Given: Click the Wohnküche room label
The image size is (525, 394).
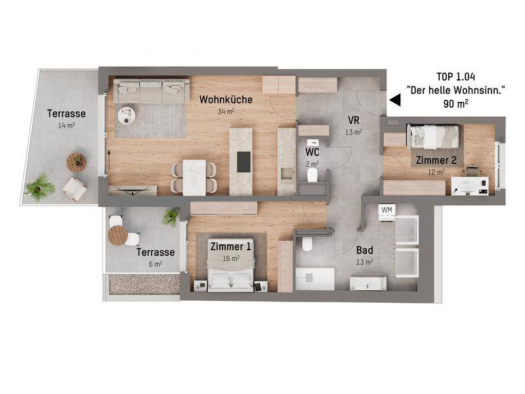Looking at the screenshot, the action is pos(226,100).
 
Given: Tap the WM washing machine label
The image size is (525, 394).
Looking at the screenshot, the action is pos(387,210).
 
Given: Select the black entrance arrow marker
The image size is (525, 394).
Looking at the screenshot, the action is pos(395,100).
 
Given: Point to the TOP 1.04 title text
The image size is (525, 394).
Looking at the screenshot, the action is pos(455,77).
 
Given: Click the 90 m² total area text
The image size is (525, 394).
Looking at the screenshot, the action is pos(455,104).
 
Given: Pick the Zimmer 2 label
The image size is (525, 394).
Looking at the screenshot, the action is pos(436,160).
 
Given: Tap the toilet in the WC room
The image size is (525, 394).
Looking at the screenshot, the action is pos(312,175).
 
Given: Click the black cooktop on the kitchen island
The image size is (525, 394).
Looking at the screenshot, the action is pos(243,162).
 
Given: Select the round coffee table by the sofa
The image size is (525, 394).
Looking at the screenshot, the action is pos(127,116).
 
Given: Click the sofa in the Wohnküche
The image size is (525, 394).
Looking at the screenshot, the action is pos(151,91).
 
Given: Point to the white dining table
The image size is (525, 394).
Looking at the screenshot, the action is pos(194,177).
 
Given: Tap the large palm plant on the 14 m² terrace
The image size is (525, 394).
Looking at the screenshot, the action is pos(40,188).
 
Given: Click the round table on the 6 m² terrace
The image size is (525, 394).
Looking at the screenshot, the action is pos(118,235).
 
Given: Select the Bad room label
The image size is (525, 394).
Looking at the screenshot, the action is pos(365,250).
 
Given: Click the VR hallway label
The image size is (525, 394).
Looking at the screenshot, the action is pos(354,120).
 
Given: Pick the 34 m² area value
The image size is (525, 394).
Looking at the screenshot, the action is pos(226,111).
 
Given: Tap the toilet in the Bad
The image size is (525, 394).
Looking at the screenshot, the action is pos(307,244).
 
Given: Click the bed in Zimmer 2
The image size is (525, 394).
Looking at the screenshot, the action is pos(432,137).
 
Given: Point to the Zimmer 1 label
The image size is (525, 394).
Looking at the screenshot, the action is pos(230,247).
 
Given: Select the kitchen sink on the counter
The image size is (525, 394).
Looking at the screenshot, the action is pos(287,173).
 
